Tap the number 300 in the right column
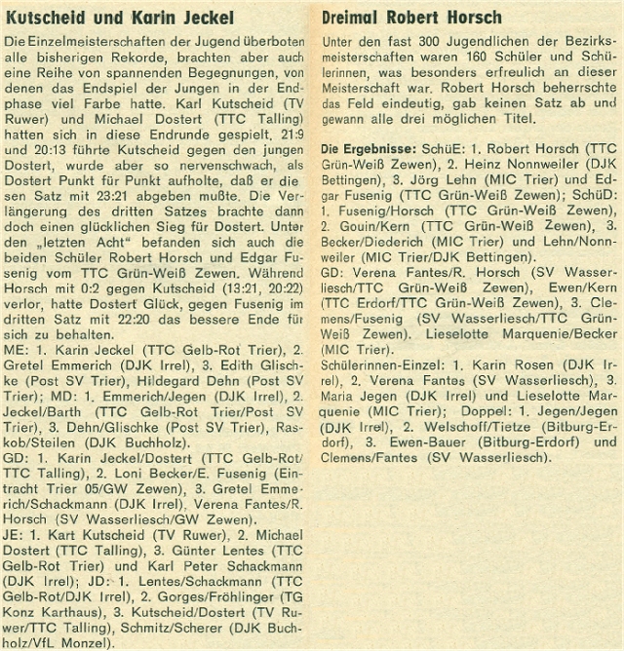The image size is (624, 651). point(429,45)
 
